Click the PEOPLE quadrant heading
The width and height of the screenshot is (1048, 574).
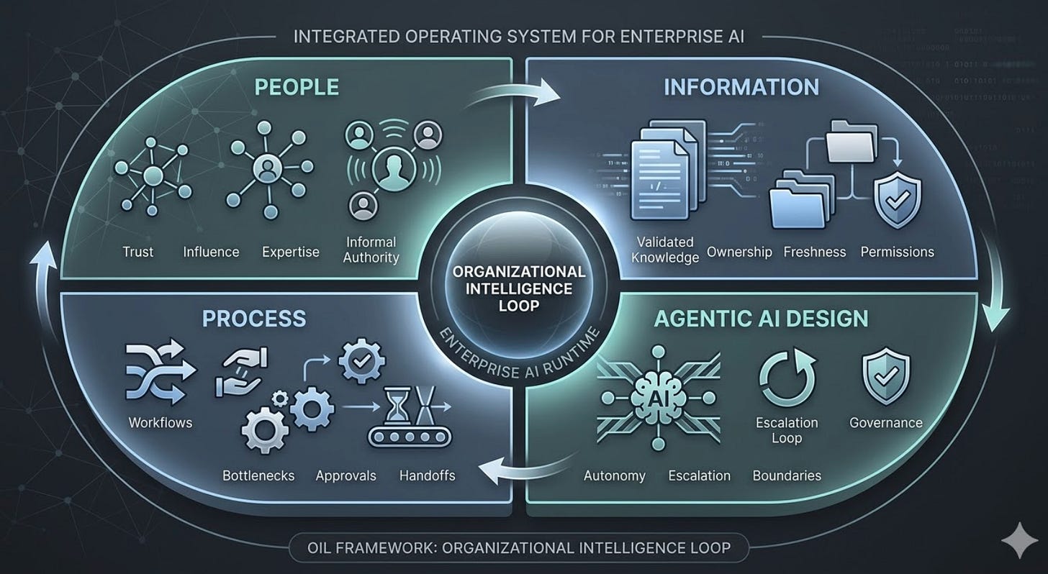coord(297,87)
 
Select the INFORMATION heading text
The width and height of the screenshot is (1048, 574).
coord(741,87)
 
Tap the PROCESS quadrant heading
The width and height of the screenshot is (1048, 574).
coord(253,318)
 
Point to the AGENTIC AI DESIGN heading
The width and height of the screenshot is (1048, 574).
coord(761,318)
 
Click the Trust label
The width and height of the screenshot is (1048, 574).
coord(137,252)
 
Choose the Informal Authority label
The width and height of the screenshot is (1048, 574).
coord(371,249)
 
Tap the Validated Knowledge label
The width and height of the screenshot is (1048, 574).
coord(665,250)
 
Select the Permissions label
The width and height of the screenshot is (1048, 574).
coord(898,252)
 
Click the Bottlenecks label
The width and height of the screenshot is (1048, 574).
coord(258,475)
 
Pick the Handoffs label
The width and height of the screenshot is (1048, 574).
coord(427,475)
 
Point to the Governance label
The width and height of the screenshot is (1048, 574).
coord(885,423)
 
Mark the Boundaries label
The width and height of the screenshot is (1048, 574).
coord(787,475)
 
